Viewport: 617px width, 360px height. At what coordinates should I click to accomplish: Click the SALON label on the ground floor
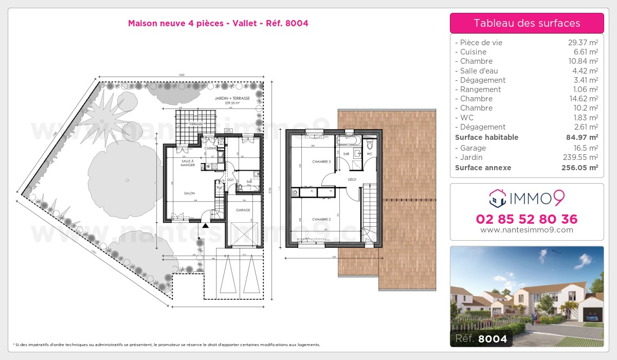click(189, 193)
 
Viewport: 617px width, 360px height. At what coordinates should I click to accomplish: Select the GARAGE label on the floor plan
click(243, 210)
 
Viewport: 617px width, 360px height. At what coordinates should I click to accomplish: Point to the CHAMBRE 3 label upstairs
click(321, 162)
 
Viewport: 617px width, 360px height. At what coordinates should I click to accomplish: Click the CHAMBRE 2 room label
click(321, 220)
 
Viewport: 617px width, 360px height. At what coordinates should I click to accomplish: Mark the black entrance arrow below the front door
click(206, 225)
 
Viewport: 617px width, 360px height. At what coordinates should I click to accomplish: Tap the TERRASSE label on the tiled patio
click(195, 124)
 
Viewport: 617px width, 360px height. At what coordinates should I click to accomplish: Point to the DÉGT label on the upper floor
click(352, 179)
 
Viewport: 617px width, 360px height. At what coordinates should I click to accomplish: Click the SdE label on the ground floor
click(249, 181)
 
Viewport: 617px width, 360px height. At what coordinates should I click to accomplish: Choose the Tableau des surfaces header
click(527, 23)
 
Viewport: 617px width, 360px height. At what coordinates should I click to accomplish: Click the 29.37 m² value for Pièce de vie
click(581, 43)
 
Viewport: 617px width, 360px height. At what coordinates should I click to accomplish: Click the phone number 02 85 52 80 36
click(527, 219)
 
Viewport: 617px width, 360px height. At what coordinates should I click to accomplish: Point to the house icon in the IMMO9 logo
click(496, 197)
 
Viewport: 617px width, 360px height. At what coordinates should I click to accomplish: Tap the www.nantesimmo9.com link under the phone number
click(527, 230)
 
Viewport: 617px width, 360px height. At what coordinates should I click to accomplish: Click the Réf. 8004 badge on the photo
click(481, 339)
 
